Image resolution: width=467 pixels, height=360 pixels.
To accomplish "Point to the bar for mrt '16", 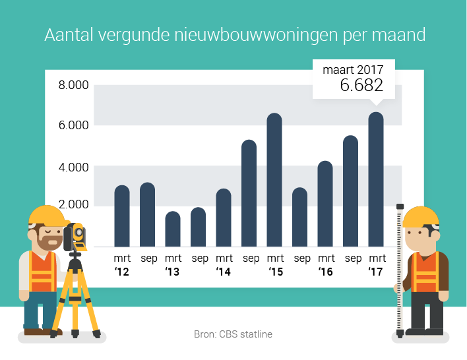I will coord(325,204).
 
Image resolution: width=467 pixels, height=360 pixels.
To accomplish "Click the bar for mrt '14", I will coord(224,218).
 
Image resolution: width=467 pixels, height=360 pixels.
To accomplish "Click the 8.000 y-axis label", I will coord(73,86).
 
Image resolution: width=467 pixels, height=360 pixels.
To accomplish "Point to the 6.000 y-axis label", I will coord(73,126).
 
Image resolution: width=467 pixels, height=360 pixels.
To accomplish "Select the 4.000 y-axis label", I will coord(73,167).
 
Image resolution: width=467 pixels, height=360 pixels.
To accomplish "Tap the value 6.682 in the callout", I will coord(361,85).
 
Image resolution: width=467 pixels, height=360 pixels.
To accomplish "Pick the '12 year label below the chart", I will coord(122,271).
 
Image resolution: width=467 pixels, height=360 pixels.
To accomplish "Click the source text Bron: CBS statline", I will coord(233,334).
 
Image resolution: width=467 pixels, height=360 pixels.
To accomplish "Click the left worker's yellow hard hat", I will coord(46,215).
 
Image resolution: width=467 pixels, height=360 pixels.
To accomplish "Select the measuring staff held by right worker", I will coord(399,270).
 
